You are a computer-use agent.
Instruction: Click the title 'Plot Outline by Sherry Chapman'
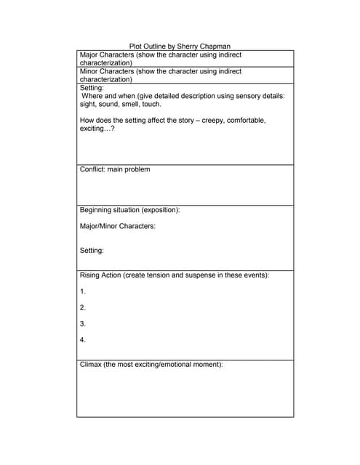click(180, 46)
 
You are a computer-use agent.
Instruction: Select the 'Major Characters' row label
click(107, 54)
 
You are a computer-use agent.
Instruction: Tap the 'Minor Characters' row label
click(107, 71)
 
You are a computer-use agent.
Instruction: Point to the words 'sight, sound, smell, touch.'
click(120, 104)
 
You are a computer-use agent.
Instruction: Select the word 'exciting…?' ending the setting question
click(97, 129)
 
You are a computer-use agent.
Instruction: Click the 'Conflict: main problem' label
click(115, 169)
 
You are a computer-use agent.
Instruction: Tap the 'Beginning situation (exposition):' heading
click(129, 210)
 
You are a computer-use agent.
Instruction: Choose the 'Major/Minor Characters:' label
click(117, 226)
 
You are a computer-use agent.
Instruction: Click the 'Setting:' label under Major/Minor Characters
click(92, 251)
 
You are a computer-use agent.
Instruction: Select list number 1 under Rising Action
click(82, 291)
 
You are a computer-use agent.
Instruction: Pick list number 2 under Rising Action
click(82, 307)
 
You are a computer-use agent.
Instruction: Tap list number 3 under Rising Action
click(82, 323)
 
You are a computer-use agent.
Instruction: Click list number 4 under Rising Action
click(82, 339)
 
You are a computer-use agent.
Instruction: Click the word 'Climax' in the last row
click(91, 364)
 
